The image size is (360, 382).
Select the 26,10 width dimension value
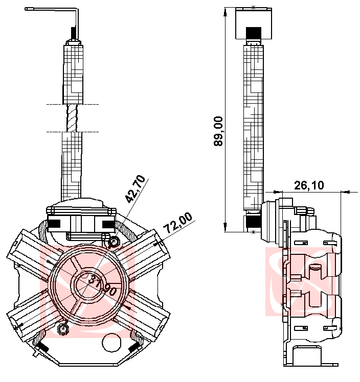tap(309, 185)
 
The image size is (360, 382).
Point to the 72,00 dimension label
tap(177, 223)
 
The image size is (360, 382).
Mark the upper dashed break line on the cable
tap(72, 105)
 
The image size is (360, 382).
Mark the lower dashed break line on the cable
tap(72, 132)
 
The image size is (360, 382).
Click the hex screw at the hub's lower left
tap(63, 329)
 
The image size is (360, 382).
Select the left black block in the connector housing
tap(54, 224)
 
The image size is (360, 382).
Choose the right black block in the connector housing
tap(108, 224)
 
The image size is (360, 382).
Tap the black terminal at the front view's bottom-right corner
tap(136, 347)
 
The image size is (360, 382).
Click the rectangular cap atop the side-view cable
tap(254, 23)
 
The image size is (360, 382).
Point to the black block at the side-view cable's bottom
tap(254, 222)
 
